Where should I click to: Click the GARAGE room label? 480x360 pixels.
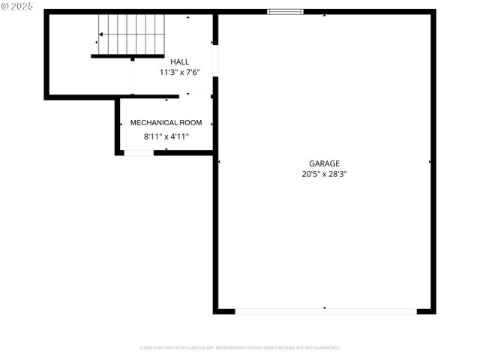click(x=324, y=163)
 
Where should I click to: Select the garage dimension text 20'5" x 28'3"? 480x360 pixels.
click(x=324, y=173)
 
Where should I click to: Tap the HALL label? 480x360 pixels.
click(x=179, y=62)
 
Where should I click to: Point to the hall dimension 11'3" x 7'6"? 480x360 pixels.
click(x=179, y=73)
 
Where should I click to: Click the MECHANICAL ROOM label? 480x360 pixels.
click(x=166, y=122)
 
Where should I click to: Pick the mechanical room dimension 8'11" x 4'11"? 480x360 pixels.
click(x=166, y=136)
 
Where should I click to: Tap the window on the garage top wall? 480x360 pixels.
click(x=286, y=11)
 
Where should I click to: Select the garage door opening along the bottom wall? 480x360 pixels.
click(x=325, y=310)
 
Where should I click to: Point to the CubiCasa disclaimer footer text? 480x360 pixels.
click(x=239, y=348)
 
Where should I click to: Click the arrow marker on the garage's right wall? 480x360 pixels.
click(x=430, y=161)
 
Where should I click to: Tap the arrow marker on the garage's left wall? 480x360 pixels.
click(x=219, y=161)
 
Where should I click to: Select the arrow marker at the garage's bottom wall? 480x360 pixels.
click(x=325, y=307)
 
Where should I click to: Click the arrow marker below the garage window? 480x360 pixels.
click(x=325, y=16)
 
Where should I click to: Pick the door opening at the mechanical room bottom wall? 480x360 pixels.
click(x=139, y=152)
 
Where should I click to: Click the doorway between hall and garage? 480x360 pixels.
click(x=215, y=60)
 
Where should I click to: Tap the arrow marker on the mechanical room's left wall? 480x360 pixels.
click(x=121, y=124)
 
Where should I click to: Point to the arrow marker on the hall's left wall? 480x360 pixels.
click(x=97, y=42)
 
